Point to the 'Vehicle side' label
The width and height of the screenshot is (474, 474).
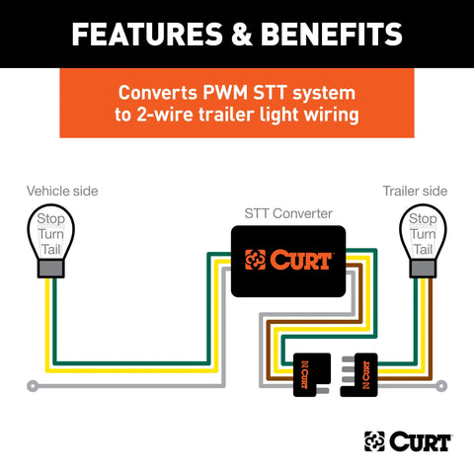(61, 190)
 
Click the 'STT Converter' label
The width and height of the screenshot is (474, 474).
(287, 212)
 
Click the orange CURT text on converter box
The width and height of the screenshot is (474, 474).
(300, 261)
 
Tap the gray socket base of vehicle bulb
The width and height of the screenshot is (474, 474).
(50, 268)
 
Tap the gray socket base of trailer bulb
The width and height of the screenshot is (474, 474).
(423, 268)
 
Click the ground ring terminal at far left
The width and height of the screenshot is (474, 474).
(35, 384)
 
